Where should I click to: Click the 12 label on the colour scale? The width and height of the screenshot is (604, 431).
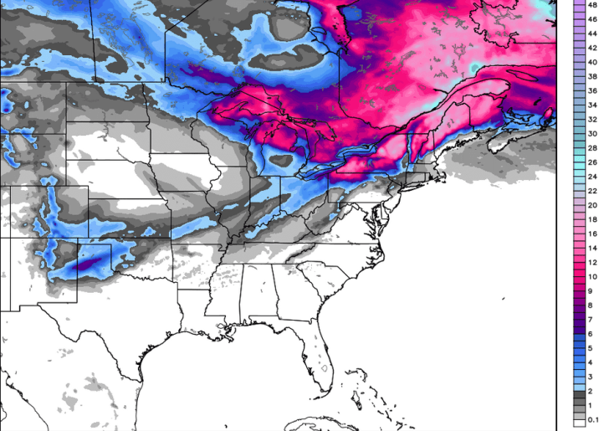pyautogui.click(x=592, y=263)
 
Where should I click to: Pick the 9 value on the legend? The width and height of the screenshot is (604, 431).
pyautogui.click(x=592, y=291)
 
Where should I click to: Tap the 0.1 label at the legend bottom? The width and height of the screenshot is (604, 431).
pyautogui.click(x=592, y=419)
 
